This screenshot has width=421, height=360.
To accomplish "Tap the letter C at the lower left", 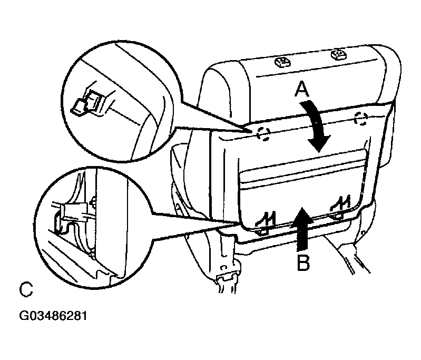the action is pos(26,289).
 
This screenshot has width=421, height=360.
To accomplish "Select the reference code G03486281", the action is pos(53,316).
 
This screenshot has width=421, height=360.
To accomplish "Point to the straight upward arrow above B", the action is pos(302,228).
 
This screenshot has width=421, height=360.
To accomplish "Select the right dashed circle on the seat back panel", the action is pos(361,119).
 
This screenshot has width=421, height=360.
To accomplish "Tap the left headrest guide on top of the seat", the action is pos(283,62).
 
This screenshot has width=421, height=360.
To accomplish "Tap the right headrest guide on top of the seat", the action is pos(339,55).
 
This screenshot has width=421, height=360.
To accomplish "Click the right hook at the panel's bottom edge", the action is pos(340,206).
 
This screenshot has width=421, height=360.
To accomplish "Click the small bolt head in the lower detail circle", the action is pos(94,201).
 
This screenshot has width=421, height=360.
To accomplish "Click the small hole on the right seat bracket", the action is pos(363,232).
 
